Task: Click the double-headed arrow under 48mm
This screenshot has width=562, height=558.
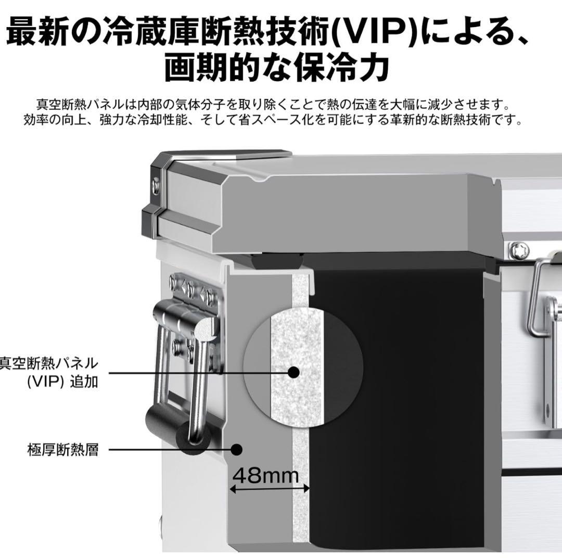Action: point(270,489)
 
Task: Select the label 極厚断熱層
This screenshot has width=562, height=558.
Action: point(63,449)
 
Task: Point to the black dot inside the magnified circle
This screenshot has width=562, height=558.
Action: point(293,372)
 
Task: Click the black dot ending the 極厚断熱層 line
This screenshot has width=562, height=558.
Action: point(237,448)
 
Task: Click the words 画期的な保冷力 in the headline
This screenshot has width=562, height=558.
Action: point(276,68)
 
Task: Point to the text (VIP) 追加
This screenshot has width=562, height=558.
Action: point(62,382)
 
